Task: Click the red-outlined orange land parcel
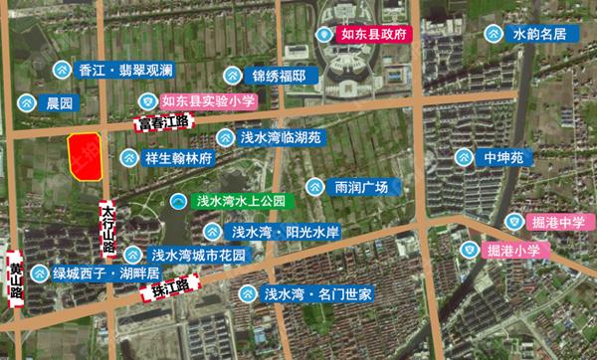87,156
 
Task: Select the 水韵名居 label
539,35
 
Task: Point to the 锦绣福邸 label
283,76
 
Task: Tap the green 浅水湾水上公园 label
242,201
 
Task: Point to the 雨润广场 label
360,187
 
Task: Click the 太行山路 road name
108,229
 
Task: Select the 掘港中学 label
555,222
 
